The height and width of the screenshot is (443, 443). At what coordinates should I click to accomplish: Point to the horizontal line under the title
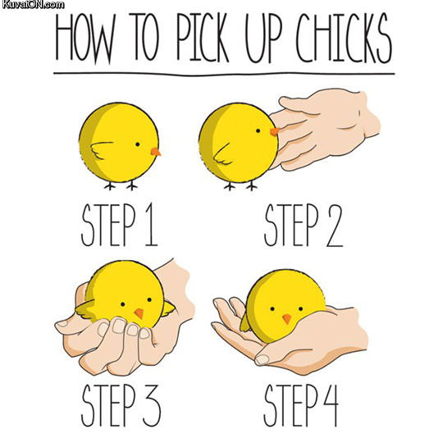[221, 73]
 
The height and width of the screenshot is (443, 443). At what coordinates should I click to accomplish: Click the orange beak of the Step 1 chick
[155, 152]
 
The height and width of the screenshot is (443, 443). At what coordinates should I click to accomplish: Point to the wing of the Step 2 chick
[224, 152]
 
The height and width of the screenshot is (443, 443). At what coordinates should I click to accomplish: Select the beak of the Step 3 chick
[139, 314]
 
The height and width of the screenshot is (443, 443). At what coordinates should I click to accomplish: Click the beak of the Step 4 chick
[286, 319]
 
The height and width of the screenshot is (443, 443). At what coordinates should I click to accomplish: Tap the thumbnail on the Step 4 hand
[264, 359]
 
